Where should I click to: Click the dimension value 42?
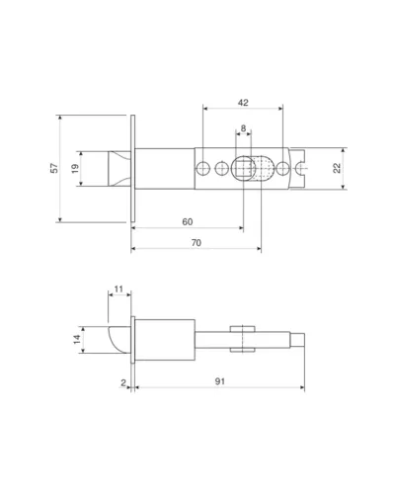(243, 103)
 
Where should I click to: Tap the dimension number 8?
(243, 128)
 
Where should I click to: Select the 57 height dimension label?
(54, 168)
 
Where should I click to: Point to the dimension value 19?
(75, 169)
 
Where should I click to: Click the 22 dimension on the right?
(337, 168)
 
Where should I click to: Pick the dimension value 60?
(188, 222)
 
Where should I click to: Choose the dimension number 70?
(197, 243)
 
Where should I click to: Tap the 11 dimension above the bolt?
(118, 289)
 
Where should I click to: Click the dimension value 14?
(77, 339)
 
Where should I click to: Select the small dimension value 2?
(123, 382)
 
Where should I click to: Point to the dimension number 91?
(220, 381)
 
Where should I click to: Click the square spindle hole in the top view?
(244, 168)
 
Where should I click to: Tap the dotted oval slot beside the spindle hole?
(264, 168)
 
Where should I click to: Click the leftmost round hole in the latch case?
(203, 168)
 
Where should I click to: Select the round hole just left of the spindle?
(221, 168)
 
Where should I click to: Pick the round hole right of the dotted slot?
(282, 168)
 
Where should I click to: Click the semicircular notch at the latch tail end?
(301, 168)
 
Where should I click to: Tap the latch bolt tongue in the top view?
(119, 169)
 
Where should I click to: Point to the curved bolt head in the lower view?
(119, 340)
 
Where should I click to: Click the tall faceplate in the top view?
(133, 168)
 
